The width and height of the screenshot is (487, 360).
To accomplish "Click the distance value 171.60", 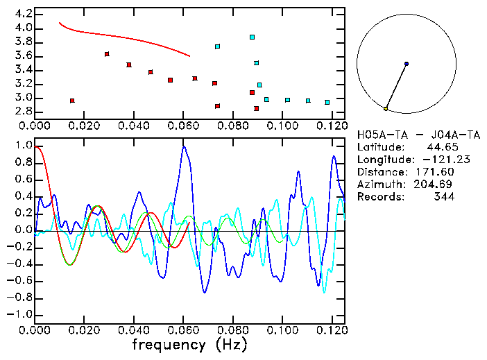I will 435,172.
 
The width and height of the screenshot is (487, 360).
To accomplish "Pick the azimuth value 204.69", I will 435,185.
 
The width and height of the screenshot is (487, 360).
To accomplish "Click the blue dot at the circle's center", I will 407,64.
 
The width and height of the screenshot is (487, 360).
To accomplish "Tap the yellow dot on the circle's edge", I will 386,109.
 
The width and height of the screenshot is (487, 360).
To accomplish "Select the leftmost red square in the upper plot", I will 72,101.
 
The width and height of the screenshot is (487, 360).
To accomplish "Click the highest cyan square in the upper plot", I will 253,37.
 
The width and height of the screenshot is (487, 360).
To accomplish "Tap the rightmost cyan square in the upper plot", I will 327,102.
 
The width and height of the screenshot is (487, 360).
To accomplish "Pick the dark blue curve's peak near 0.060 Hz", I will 184,146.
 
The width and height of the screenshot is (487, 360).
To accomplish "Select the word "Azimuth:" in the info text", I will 379,185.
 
